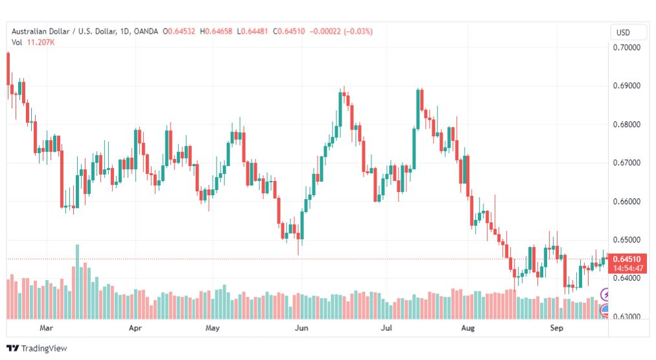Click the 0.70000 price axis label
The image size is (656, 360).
pos(627,47)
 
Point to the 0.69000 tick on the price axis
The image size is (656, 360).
pos(627,86)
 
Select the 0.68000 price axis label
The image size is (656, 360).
pos(627,125)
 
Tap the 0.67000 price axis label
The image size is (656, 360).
pos(627,163)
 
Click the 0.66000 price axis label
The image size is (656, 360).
pos(627,201)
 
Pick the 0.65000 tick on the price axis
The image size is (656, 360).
pos(627,240)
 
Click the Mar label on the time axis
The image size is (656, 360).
pos(46,328)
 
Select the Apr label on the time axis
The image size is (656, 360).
pos(135,328)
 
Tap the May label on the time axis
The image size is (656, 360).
pos(213,328)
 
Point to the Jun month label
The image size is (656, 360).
pos(301,328)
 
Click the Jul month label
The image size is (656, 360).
pos(386,328)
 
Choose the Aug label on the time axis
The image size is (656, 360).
pos(468,328)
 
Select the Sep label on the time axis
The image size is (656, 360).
pos(556,328)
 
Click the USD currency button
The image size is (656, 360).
pos(623,32)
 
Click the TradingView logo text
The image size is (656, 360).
pos(44,348)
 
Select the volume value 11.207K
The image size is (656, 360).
pos(41,42)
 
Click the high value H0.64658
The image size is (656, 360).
pos(216,31)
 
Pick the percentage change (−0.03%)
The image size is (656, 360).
pos(358,31)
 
